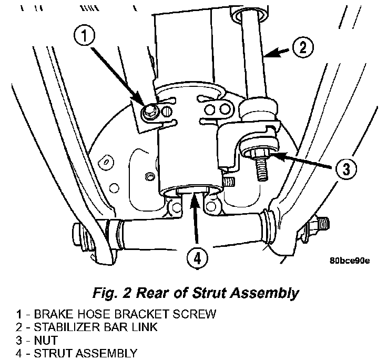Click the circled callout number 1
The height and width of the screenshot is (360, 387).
click(x=85, y=36)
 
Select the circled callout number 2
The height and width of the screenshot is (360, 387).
click(x=303, y=47)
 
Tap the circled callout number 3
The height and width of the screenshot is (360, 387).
click(x=346, y=169)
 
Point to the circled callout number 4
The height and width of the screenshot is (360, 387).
click(x=197, y=259)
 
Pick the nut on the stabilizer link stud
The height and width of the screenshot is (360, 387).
click(x=260, y=154)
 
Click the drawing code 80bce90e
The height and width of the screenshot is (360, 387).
click(x=350, y=261)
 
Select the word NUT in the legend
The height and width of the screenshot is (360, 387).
click(x=46, y=340)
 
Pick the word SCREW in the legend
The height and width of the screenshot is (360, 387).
click(x=194, y=314)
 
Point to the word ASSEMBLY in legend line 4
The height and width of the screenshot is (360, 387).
click(x=106, y=353)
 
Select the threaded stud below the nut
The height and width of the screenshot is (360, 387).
click(x=262, y=169)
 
